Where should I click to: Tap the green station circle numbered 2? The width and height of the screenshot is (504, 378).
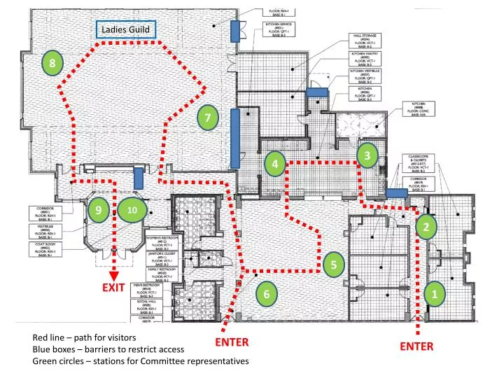pyautogui.click(x=426, y=226)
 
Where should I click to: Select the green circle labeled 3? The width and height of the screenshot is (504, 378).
pyautogui.click(x=367, y=155)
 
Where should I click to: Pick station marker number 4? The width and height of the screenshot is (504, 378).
pyautogui.click(x=276, y=164)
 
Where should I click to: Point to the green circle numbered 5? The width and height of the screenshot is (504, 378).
pyautogui.click(x=335, y=263)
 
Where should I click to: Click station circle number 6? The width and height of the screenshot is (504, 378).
pyautogui.click(x=266, y=294)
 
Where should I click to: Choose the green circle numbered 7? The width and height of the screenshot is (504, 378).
pyautogui.click(x=208, y=118)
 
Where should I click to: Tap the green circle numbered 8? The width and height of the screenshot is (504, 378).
pyautogui.click(x=52, y=64)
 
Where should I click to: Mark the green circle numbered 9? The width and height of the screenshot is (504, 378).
pyautogui.click(x=99, y=210)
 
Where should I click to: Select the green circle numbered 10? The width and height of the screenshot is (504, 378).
pyautogui.click(x=131, y=210)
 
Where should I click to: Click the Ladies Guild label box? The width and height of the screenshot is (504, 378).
pyautogui.click(x=125, y=29)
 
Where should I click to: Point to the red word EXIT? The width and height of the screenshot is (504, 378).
pyautogui.click(x=113, y=287)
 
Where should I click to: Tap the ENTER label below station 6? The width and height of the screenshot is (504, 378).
pyautogui.click(x=232, y=342)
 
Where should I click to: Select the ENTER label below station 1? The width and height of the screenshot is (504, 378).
pyautogui.click(x=416, y=346)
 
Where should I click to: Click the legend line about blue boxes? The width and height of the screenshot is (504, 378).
pyautogui.click(x=108, y=349)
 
